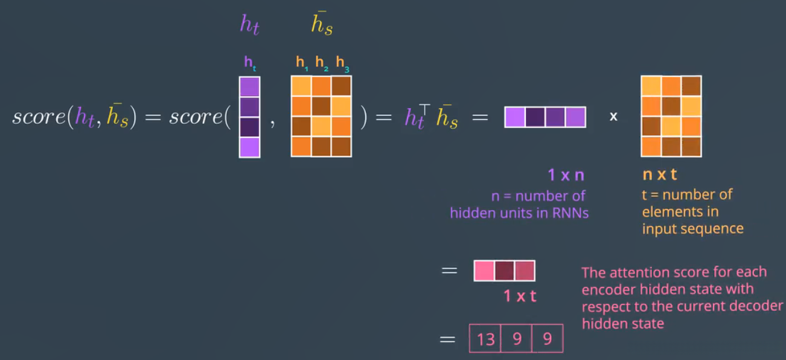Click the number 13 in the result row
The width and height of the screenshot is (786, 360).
tap(485, 339)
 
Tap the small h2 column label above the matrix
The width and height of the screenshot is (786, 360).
tap(321, 62)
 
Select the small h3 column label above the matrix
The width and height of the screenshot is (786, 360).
tap(342, 62)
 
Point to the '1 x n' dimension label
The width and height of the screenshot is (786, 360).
tap(566, 175)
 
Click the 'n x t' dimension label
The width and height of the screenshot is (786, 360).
tap(659, 175)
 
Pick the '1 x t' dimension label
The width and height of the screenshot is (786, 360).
tap(520, 296)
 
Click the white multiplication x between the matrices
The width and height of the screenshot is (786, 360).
tap(613, 117)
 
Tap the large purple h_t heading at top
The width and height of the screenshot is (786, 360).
tap(249, 24)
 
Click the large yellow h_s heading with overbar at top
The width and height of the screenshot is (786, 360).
tap(322, 24)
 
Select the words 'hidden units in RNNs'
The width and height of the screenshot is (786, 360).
tap(519, 213)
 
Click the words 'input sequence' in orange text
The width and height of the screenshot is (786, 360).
tap(692, 229)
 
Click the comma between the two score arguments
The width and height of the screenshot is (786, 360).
tap(273, 123)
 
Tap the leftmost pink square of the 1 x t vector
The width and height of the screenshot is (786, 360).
tap(484, 271)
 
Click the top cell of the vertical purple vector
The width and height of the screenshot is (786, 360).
tap(249, 86)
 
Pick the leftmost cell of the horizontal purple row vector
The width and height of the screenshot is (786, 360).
tap(515, 117)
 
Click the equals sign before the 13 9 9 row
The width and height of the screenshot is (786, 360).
tap(448, 339)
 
